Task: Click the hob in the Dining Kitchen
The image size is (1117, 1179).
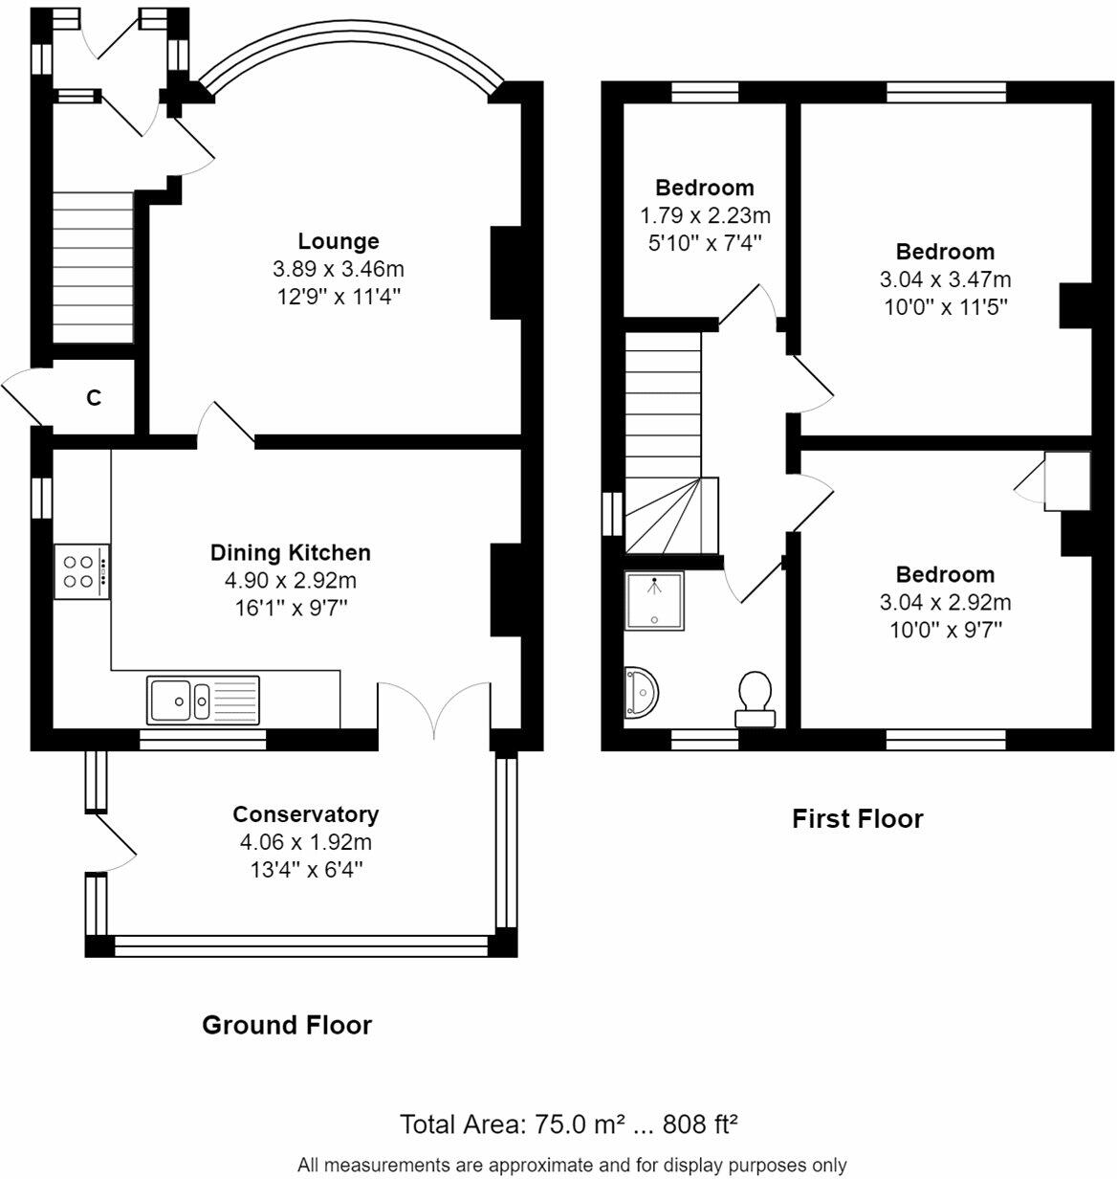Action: click(82, 571)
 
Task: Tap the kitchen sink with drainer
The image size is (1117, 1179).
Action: click(203, 700)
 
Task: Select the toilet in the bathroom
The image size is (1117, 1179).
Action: click(756, 700)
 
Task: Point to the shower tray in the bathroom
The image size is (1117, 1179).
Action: click(654, 601)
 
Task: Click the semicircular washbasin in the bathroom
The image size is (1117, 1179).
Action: click(641, 693)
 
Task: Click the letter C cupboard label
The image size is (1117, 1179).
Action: click(94, 397)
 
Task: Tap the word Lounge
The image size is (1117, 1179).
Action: click(339, 241)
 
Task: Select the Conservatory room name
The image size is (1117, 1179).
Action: click(306, 814)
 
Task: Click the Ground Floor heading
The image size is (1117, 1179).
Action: click(287, 1026)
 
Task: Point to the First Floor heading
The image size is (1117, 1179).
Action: click(858, 819)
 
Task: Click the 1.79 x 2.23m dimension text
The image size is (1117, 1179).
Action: click(706, 215)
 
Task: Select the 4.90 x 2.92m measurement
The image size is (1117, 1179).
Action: click(291, 581)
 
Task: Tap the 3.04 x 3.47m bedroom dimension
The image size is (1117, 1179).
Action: click(946, 279)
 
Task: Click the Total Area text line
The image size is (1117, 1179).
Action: click(568, 1124)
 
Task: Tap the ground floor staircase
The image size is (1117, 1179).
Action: click(93, 267)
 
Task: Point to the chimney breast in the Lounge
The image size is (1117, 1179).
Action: click(506, 273)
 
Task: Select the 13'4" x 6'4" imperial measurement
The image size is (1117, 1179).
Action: click(306, 870)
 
